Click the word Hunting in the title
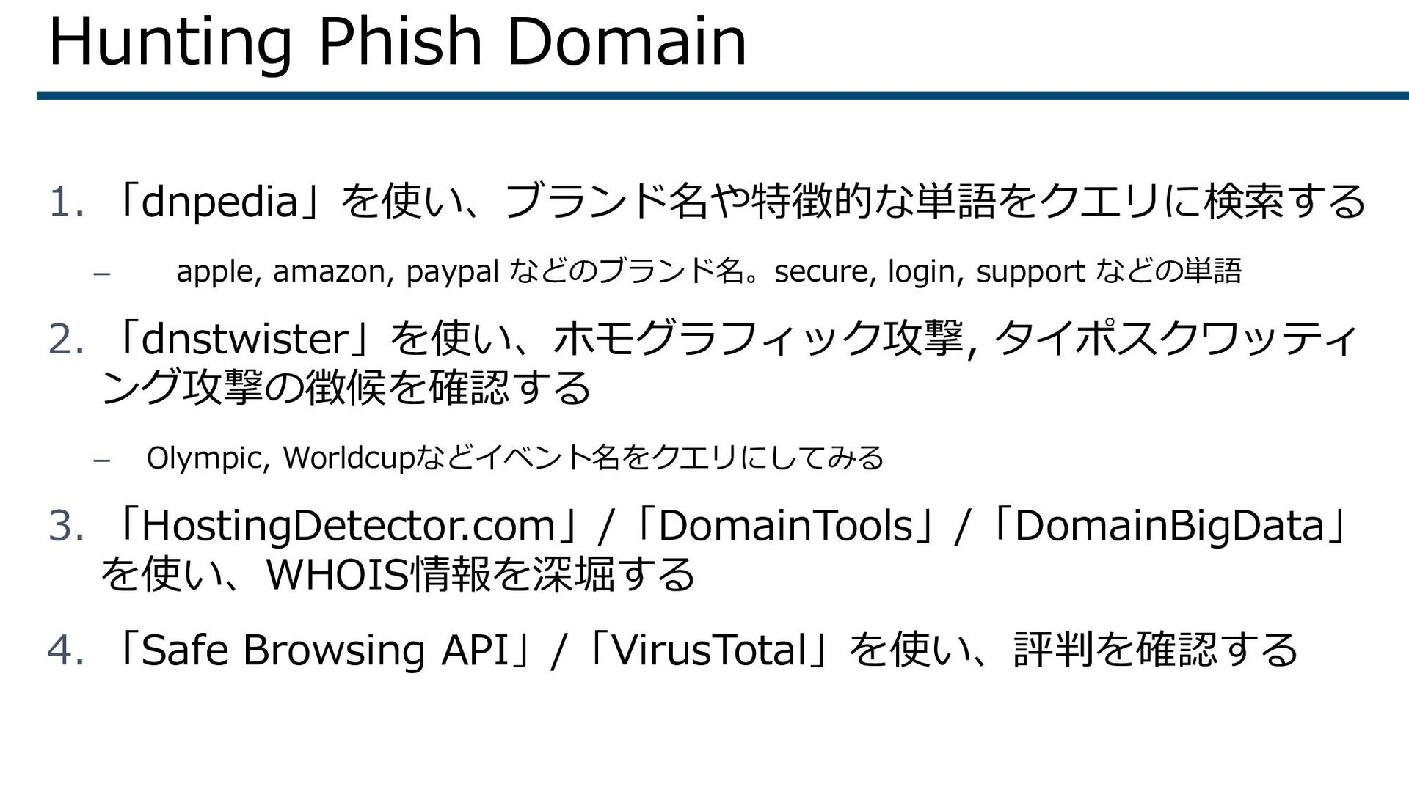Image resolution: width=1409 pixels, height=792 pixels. tap(170, 43)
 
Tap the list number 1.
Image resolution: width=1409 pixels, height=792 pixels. tap(65, 202)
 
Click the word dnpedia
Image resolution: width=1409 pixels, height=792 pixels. tap(219, 202)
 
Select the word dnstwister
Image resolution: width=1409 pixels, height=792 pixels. tap(244, 340)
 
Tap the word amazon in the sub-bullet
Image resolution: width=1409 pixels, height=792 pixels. tap(335, 272)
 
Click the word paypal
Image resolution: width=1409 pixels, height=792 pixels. tap(453, 272)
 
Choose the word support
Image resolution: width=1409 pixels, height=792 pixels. tap(1030, 272)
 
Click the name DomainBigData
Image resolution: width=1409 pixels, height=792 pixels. tap(1169, 527)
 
